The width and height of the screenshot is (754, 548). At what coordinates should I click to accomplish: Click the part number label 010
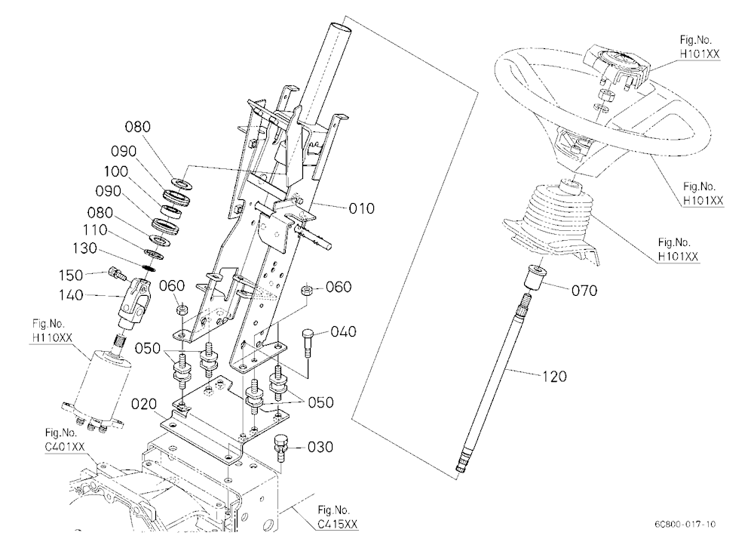pos(362,208)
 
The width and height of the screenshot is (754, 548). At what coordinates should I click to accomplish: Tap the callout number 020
pos(144,403)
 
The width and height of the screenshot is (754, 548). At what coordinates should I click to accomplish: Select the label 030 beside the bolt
pos(320,448)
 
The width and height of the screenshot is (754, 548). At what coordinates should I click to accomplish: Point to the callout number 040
pos(343,332)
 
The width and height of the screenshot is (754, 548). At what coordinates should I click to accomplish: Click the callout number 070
pos(584,291)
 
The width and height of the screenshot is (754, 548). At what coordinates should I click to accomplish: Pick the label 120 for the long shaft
pos(554,376)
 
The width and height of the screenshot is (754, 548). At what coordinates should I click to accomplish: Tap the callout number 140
pos(71,294)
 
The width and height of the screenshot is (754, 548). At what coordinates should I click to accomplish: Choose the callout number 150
pos(71,276)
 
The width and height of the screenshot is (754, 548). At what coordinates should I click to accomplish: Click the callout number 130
pos(84,248)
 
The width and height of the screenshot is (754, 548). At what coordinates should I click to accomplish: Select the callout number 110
pos(95,230)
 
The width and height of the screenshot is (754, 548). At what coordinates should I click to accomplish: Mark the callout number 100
pos(116,171)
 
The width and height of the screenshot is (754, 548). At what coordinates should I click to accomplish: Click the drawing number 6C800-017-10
pos(685,523)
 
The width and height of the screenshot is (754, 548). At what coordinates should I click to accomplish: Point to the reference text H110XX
pos(52,337)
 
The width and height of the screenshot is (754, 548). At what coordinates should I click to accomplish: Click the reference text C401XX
pos(65,447)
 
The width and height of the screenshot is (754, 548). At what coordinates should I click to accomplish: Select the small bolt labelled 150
pos(118,273)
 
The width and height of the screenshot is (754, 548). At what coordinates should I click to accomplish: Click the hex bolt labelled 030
pos(280,446)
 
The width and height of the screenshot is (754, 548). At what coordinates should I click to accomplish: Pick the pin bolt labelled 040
pos(308,343)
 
